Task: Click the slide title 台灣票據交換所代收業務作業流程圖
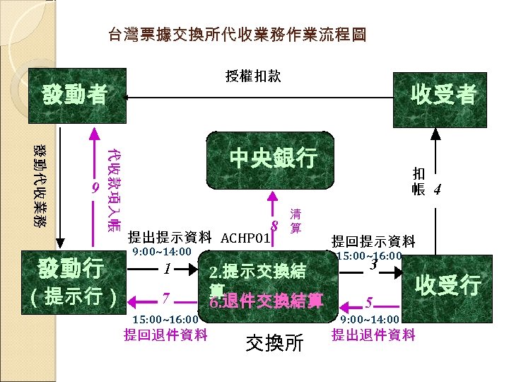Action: pos(236,35)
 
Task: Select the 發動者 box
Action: pos(74,94)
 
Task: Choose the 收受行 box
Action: pos(447,285)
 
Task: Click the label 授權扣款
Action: pos(252,76)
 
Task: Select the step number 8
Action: pos(275,226)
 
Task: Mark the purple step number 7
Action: pos(165,297)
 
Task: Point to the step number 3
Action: pos(374,265)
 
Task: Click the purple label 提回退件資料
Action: pos(165,335)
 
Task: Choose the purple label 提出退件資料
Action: pos(373,335)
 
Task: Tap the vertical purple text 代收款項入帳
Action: pos(113,189)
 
